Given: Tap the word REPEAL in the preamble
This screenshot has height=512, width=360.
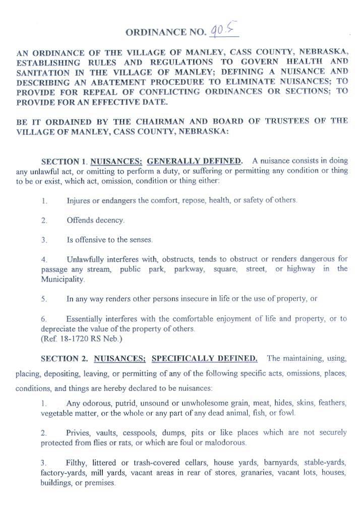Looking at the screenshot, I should point(115,91).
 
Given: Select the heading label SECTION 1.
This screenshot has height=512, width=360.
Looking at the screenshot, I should point(64,162).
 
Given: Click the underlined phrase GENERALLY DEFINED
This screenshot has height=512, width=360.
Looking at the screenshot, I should point(194,161).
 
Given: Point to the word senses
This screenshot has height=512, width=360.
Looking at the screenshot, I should point(140,240).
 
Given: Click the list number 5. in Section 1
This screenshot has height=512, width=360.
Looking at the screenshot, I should point(44,299).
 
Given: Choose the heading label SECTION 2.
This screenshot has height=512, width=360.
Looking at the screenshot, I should point(64,359).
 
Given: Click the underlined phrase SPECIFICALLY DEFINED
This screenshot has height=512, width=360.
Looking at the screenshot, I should point(205,359).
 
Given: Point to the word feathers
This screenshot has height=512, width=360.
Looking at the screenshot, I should point(331,403).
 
